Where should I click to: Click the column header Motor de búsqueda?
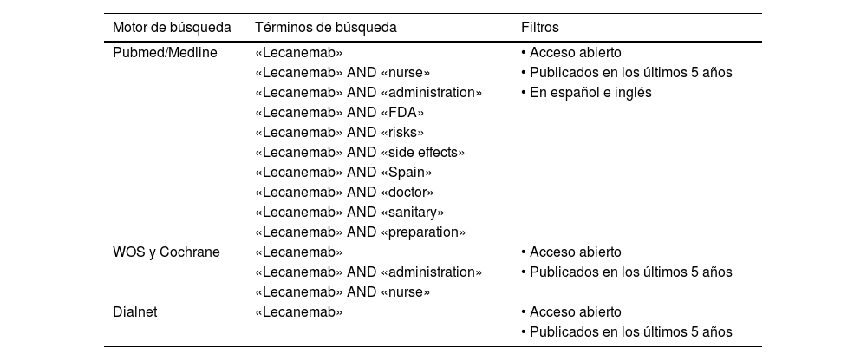click(172, 28)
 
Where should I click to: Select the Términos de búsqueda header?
click(326, 28)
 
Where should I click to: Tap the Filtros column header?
click(539, 28)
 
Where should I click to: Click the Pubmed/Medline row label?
click(165, 52)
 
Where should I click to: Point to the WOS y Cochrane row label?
click(166, 252)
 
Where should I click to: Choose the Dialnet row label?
click(135, 312)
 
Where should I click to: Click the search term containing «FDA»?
click(340, 112)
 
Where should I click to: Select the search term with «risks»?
click(340, 133)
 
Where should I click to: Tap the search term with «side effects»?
click(361, 153)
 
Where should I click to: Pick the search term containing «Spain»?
click(344, 173)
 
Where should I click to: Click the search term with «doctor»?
click(345, 193)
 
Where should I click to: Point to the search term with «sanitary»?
click(350, 213)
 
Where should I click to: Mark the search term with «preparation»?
click(362, 232)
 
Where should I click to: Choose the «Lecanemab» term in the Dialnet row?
click(299, 312)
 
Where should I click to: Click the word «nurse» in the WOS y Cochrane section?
click(406, 292)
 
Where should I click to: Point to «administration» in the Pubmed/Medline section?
click(432, 92)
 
